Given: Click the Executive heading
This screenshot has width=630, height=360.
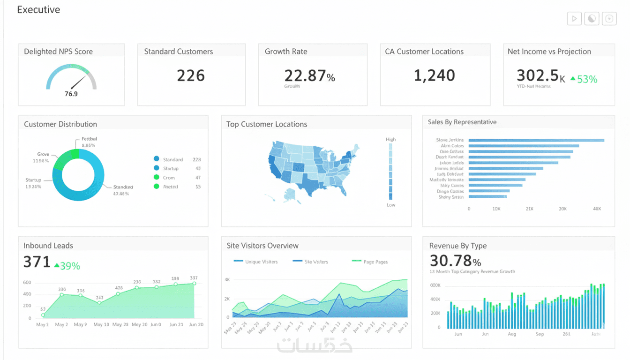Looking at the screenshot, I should (38, 10).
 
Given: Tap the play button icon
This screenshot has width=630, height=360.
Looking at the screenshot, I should (574, 19).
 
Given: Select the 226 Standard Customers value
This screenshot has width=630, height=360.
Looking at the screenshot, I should (191, 75).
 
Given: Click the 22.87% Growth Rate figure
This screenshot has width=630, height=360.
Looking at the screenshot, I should (309, 75).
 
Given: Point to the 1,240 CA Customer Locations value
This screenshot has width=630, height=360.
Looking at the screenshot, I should (434, 75).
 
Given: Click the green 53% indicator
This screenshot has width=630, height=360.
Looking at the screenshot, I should (584, 80).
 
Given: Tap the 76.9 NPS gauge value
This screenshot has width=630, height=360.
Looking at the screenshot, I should (71, 94).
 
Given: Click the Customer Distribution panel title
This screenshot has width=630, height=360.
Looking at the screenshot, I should (60, 124).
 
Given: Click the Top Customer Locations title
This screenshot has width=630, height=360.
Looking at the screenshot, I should (267, 124).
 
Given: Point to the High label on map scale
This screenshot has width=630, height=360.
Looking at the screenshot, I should (390, 139).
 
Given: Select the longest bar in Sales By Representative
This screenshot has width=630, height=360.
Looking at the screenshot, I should (536, 140).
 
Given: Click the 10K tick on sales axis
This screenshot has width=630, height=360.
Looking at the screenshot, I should (496, 209).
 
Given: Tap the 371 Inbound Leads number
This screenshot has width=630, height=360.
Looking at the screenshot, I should (37, 262).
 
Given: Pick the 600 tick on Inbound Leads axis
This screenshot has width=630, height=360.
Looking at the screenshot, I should (27, 283).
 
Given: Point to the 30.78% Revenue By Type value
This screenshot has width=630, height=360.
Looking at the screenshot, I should (455, 261).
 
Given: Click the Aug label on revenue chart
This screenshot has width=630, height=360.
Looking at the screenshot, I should (511, 334).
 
